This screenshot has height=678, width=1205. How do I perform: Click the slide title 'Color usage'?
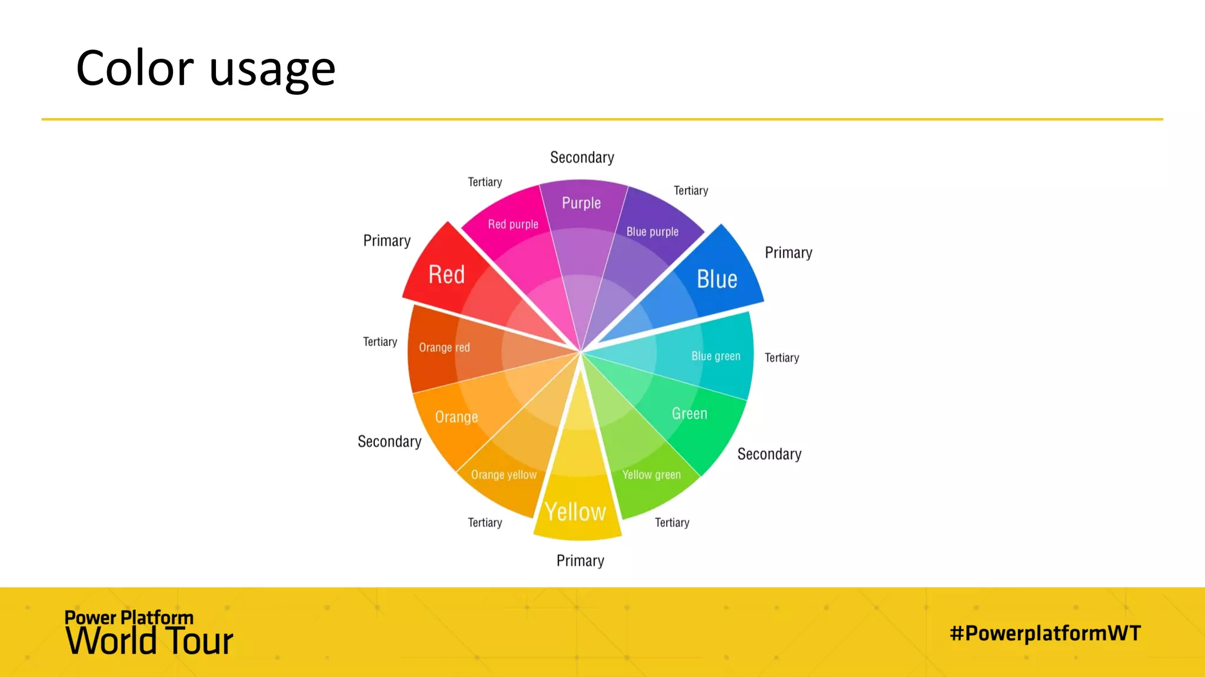[205, 68]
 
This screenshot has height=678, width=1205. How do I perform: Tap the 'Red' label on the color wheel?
[447, 275]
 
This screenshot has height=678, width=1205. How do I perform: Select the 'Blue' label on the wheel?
[717, 279]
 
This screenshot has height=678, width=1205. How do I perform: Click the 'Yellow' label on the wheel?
[575, 512]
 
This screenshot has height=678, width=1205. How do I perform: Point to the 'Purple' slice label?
[581, 203]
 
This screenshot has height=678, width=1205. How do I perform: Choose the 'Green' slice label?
[690, 414]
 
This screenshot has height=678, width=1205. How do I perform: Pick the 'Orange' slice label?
[457, 417]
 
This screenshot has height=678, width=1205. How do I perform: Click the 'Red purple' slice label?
[513, 224]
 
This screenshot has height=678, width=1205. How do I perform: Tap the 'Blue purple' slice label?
[653, 232]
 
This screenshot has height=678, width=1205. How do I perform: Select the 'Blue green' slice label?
[715, 356]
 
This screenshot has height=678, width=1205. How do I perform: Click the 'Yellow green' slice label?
[651, 475]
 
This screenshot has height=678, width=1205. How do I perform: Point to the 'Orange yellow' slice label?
[504, 475]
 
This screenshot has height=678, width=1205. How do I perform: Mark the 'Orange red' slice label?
[444, 348]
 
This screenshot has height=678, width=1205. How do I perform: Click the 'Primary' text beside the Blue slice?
[788, 253]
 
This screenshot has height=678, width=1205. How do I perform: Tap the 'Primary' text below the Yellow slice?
[580, 561]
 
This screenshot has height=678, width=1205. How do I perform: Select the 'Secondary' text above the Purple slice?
[582, 158]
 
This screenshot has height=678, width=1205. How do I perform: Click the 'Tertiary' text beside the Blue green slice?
[782, 358]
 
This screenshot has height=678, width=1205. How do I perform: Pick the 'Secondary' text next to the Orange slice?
[390, 442]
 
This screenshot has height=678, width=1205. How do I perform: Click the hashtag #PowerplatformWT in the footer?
[1045, 633]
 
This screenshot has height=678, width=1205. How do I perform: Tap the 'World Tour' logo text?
[149, 641]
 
